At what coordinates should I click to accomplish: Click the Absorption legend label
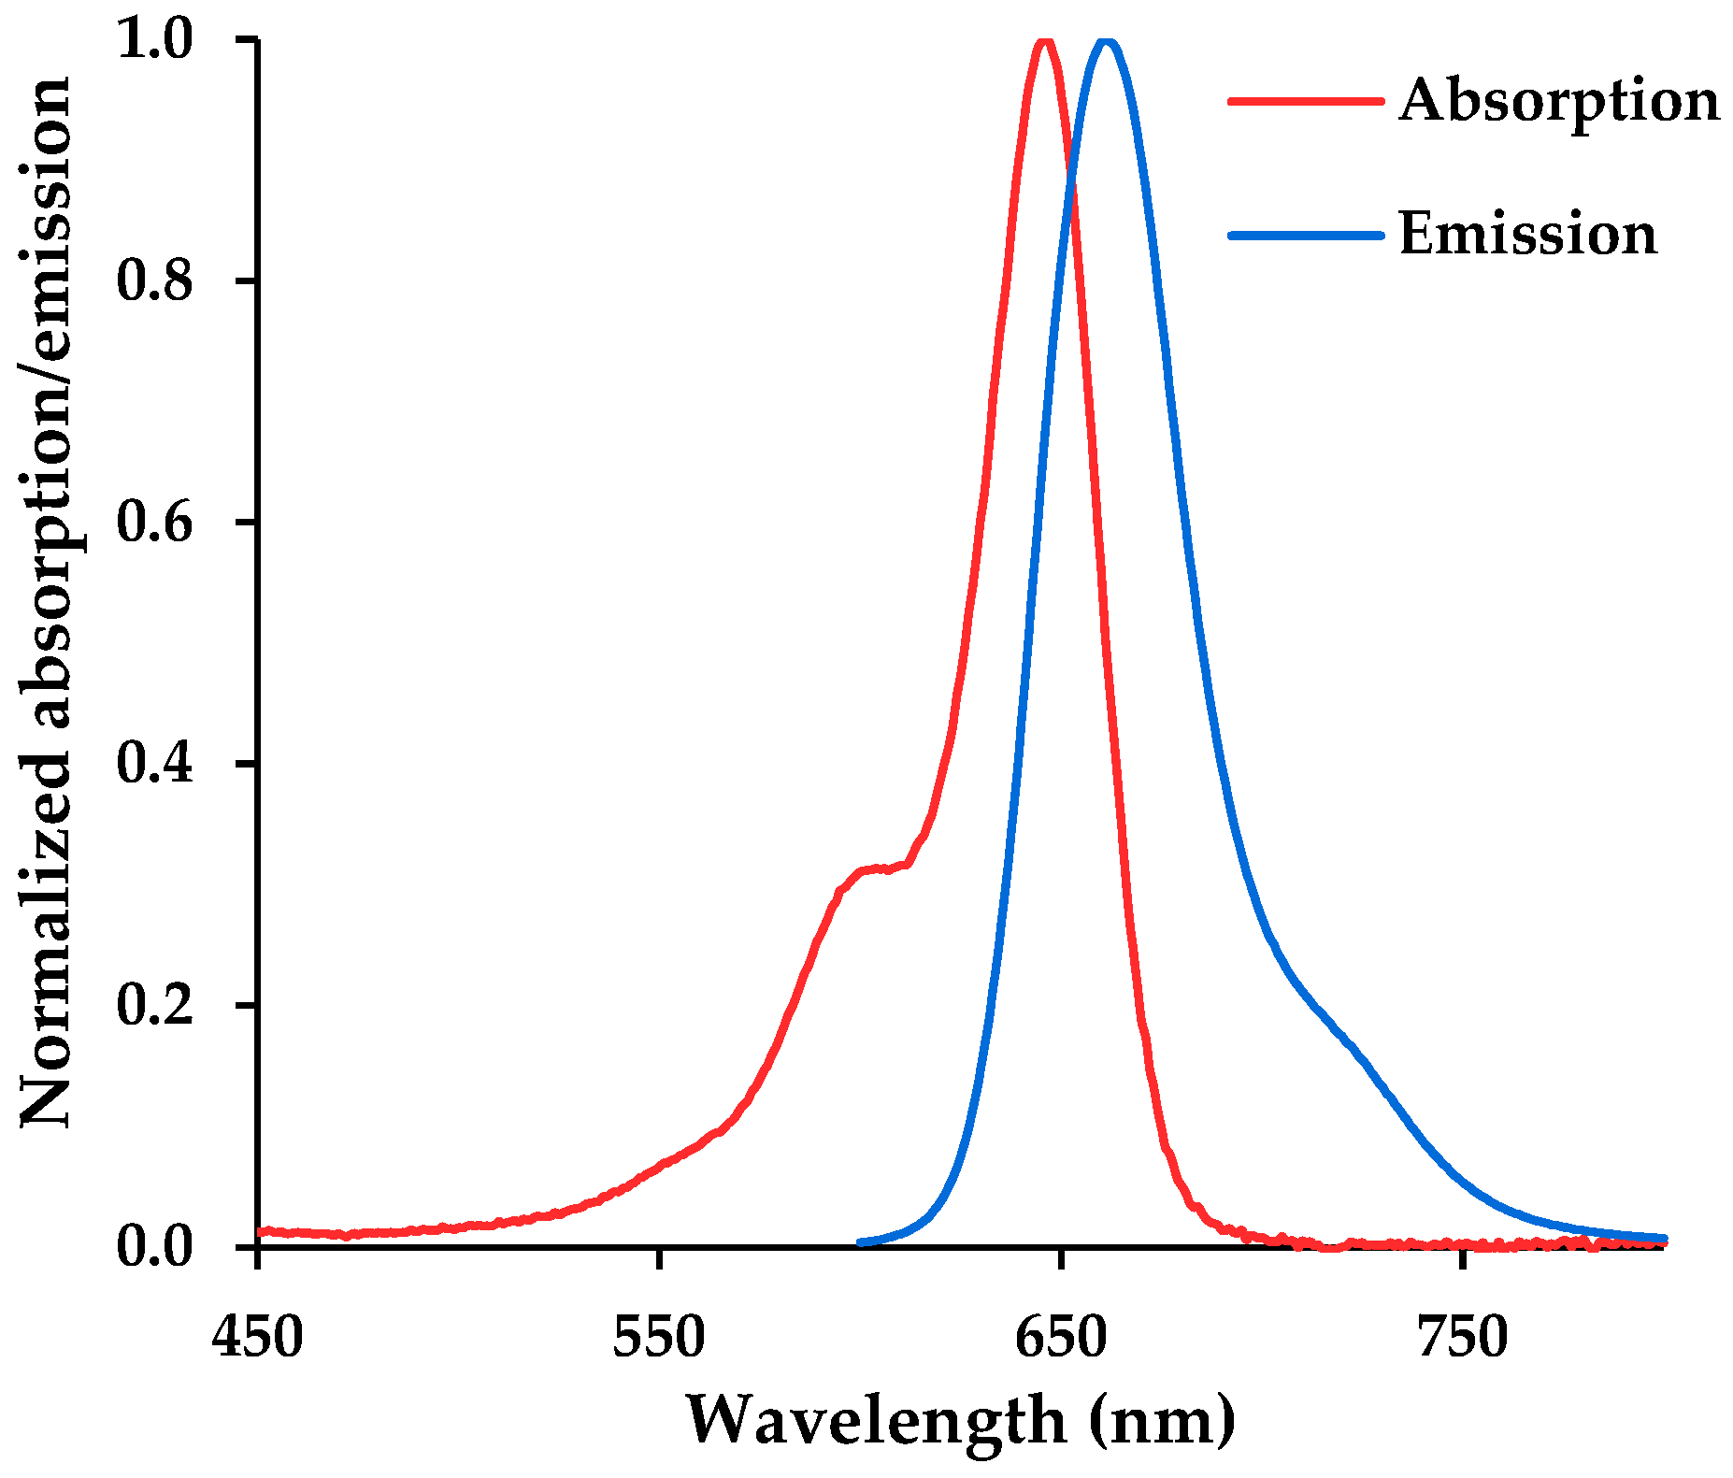coord(1558,101)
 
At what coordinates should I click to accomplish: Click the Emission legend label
coord(1527,235)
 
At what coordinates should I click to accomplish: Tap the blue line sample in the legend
coord(1305,235)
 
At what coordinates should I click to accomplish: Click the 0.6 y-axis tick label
coord(154,522)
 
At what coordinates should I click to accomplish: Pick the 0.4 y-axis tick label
coord(154,764)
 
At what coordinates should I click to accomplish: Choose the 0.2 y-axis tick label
coord(154,1005)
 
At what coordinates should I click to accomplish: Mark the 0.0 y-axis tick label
coord(154,1247)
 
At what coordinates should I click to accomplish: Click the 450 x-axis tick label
coord(258,1338)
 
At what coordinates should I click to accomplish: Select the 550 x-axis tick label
coord(659,1338)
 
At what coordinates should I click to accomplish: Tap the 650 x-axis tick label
coord(1061,1338)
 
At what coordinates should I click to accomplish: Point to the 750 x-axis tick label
coord(1462,1338)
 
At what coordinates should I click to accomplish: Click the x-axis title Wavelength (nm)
coord(961,1421)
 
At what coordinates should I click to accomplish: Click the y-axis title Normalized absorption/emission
coord(47,603)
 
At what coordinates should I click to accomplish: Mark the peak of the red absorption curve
coord(1045,41)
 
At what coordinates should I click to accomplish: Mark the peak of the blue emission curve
coord(1108,41)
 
